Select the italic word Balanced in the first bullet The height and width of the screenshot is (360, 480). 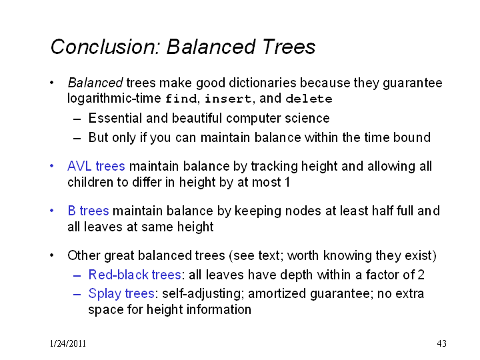point(95,83)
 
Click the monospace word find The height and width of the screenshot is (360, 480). point(181,99)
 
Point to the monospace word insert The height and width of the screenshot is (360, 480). point(228,99)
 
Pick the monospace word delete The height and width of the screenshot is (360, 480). point(309,99)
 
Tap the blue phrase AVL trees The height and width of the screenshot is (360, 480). point(96,166)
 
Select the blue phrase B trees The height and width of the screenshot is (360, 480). point(88,211)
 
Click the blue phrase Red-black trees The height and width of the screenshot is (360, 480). point(135,275)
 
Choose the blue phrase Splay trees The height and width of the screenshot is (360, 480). point(121,294)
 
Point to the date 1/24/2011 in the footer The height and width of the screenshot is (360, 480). point(68,343)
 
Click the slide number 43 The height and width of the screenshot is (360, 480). point(442,343)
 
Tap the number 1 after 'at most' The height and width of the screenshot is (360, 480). point(287,183)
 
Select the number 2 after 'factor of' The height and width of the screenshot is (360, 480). point(421,275)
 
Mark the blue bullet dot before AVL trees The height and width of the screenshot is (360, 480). point(52,166)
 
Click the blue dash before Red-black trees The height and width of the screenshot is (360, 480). point(77,276)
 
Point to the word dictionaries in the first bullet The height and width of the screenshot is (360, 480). point(263,83)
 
